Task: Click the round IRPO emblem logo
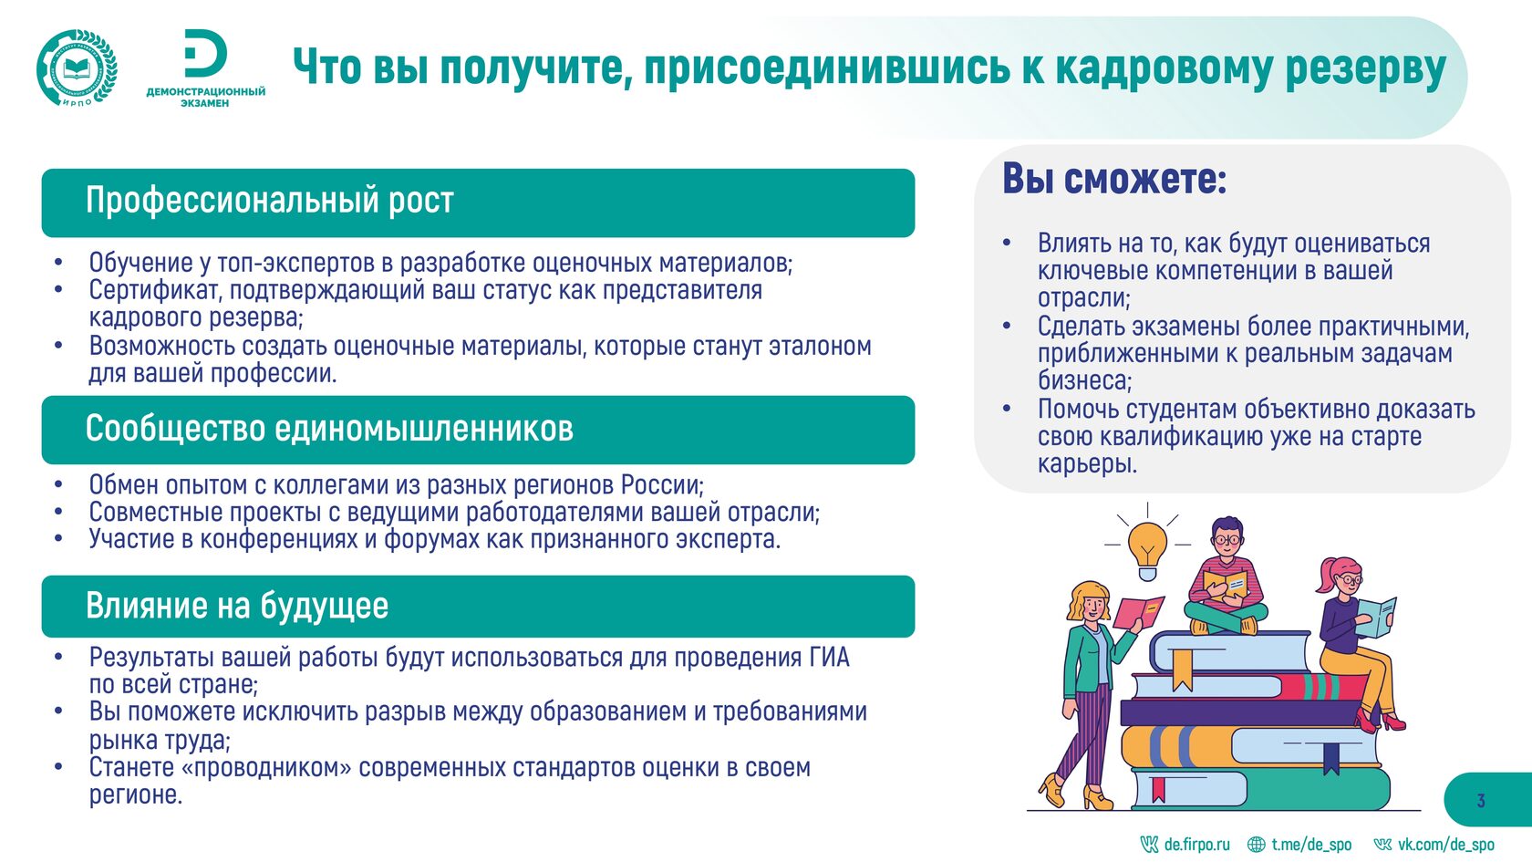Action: (77, 68)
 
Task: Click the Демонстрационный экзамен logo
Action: (205, 68)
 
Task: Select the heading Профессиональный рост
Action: (270, 201)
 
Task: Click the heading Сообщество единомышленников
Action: (329, 429)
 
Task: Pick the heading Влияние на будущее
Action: (237, 606)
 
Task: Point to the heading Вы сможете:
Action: (1114, 179)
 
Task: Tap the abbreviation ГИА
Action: (830, 657)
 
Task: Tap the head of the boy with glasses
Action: (1228, 538)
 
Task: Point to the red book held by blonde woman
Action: (1138, 612)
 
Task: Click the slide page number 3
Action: (1481, 801)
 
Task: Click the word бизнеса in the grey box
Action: (1085, 380)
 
